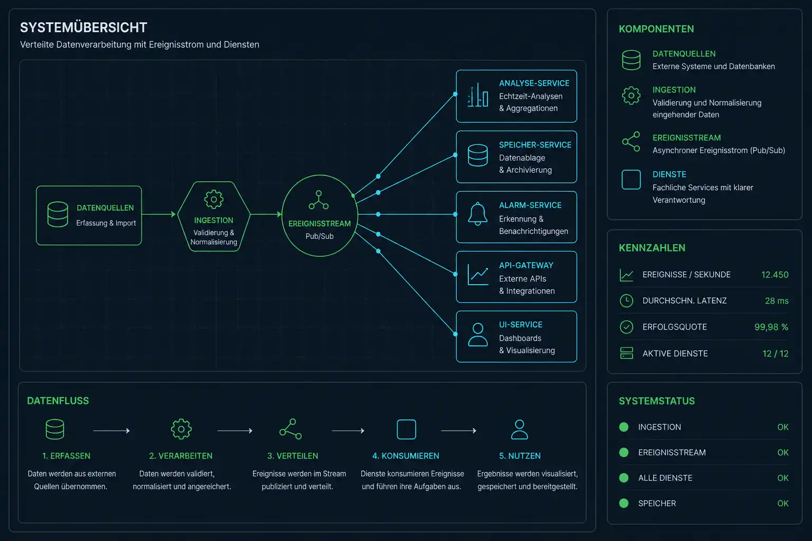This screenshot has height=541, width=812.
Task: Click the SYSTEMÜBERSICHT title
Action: (x=84, y=27)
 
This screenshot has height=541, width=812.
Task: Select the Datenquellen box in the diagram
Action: (x=89, y=215)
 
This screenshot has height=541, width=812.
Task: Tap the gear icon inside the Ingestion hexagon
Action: (x=214, y=199)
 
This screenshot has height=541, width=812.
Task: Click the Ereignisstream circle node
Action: (x=319, y=216)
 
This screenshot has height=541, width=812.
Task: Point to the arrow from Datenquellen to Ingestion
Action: (x=159, y=214)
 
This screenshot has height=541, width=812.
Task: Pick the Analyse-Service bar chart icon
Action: (x=478, y=95)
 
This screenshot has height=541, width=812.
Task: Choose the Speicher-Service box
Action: (x=516, y=156)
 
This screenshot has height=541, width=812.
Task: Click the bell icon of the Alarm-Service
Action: (x=477, y=214)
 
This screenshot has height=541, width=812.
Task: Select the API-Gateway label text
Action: (x=526, y=265)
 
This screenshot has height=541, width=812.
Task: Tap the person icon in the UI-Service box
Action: (x=478, y=335)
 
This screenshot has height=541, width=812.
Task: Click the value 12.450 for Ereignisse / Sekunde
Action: (x=774, y=275)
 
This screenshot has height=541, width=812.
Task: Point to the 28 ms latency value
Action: (x=777, y=301)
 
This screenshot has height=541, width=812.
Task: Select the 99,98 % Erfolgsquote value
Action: (x=771, y=327)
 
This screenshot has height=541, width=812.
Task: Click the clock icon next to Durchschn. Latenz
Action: (x=626, y=301)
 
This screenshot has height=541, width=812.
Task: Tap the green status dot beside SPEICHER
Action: (x=624, y=503)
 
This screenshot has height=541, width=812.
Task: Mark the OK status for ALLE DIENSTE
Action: (x=782, y=478)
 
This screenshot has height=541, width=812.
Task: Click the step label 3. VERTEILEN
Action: (x=292, y=456)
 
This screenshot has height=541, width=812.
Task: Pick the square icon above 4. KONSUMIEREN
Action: (x=406, y=430)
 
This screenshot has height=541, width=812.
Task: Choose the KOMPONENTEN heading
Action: (x=656, y=29)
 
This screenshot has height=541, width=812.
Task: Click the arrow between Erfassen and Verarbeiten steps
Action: (x=112, y=431)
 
